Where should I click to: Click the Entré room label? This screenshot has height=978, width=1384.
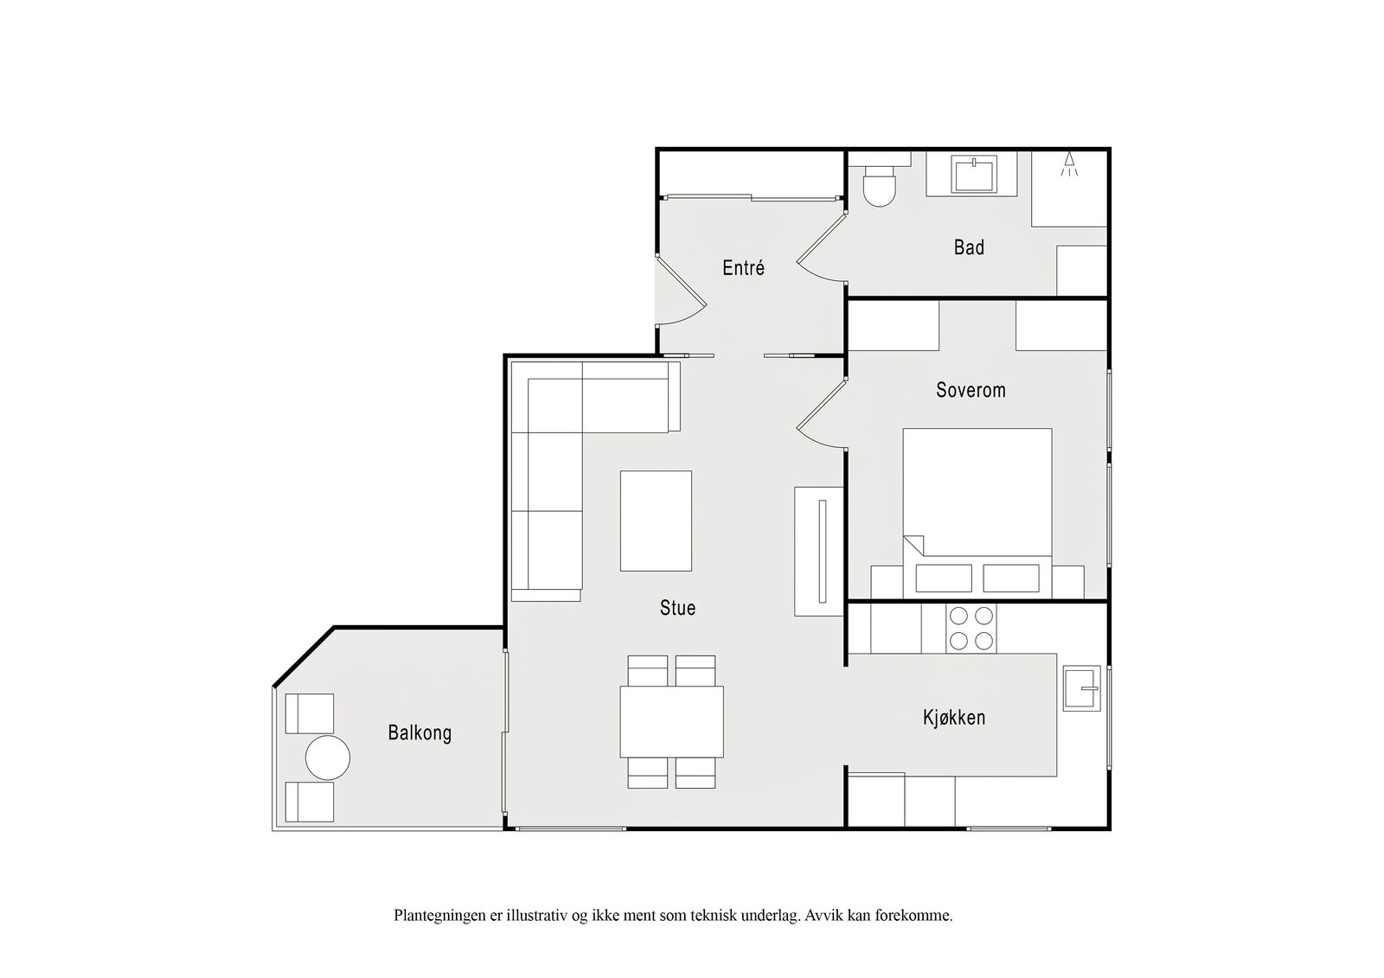tap(743, 267)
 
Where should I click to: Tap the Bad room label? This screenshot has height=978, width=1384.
tap(969, 247)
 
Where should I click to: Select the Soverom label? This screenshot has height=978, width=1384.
tap(971, 390)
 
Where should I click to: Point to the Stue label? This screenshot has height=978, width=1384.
tap(678, 607)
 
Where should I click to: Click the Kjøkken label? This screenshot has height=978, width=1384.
tap(954, 717)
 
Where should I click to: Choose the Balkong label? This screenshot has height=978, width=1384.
tap(420, 732)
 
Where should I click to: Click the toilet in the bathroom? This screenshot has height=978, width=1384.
tap(880, 185)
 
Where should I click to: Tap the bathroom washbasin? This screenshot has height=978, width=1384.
tap(974, 174)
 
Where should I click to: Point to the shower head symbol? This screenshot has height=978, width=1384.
tap(1069, 163)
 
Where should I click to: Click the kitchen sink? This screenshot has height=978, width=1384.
tap(1082, 687)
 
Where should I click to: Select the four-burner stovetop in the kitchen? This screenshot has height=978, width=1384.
tap(971, 628)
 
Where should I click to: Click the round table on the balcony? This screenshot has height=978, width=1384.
tap(328, 757)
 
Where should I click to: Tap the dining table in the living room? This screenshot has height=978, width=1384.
tap(671, 721)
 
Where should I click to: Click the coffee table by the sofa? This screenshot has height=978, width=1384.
tap(657, 521)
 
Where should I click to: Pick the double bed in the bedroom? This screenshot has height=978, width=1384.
tap(977, 513)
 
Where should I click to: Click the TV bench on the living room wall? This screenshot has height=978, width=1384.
tap(819, 551)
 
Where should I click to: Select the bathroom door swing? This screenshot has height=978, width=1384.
tap(820, 247)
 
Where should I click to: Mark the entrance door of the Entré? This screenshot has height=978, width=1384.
tap(681, 290)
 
